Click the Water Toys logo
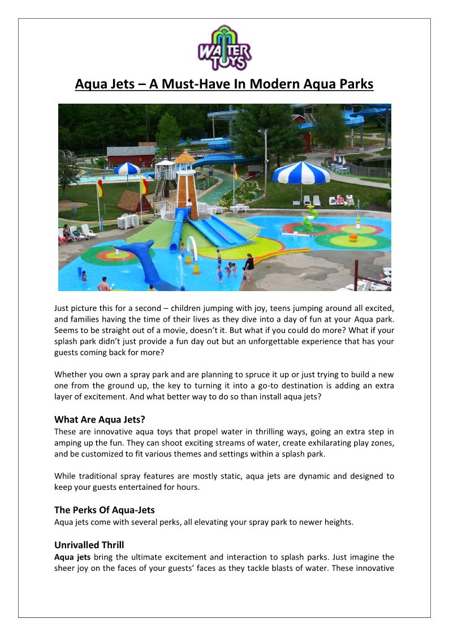225,48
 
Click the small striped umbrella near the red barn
127,168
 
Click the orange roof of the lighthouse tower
184,157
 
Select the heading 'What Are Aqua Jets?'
100,420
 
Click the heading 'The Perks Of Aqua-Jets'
104,510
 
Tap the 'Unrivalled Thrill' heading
89,545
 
